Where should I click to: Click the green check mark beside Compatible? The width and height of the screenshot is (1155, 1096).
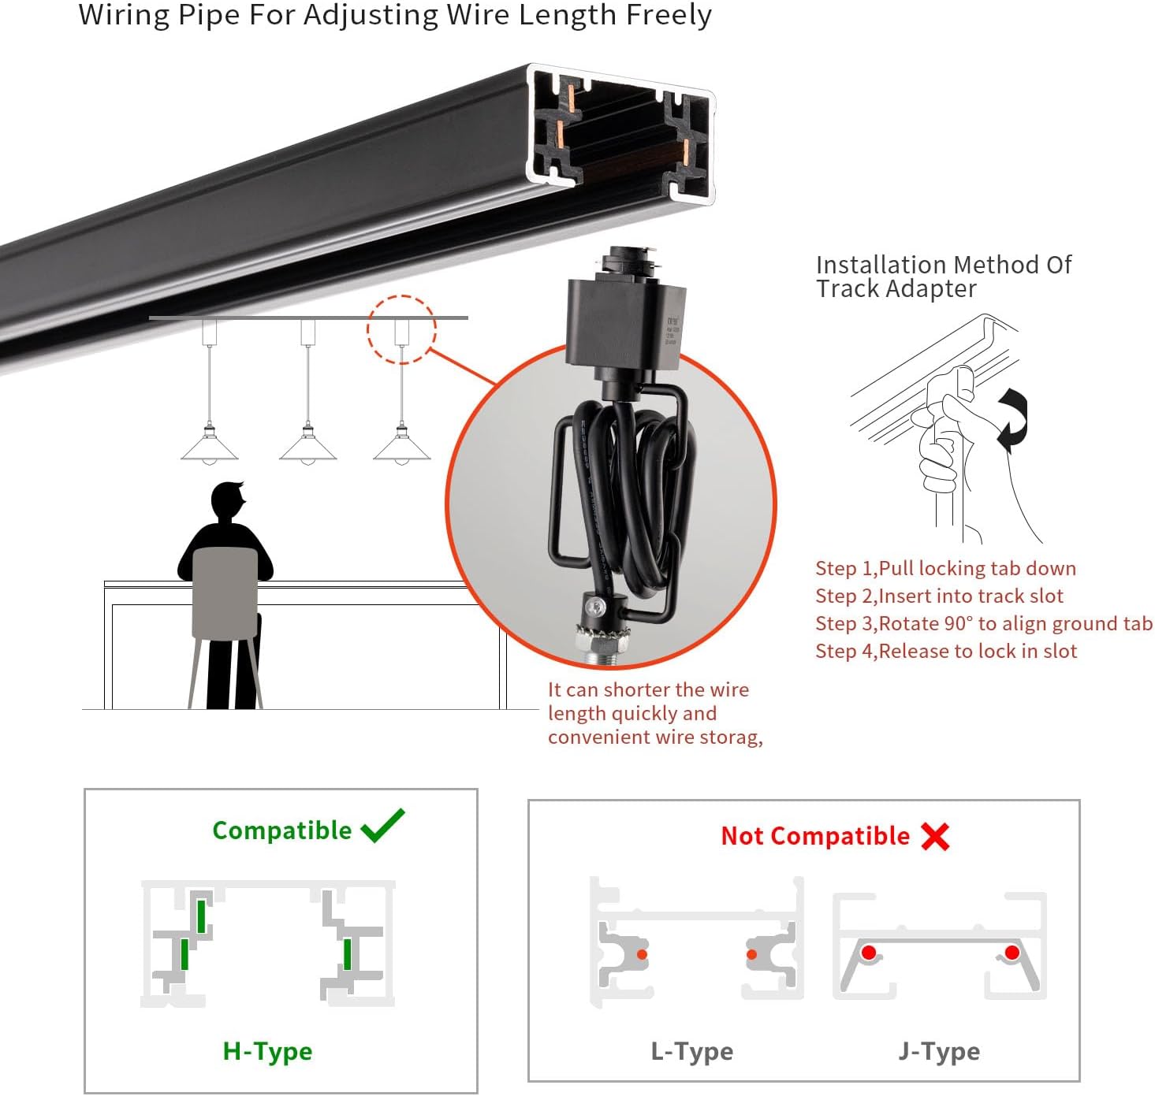point(382,826)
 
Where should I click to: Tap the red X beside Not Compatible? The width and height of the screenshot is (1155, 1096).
point(935,836)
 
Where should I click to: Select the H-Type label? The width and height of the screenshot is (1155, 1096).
point(267,1051)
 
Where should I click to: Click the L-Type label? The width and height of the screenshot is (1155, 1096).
point(691,1051)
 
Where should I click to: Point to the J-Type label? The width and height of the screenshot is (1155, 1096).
point(938,1051)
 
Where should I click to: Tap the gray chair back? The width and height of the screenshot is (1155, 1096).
point(225,593)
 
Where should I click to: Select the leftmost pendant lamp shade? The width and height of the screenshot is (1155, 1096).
point(209,448)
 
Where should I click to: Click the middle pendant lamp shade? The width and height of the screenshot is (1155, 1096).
point(307,448)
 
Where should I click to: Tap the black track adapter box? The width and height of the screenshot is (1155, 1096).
point(625,323)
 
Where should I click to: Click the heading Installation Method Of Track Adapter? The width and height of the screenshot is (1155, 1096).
point(943,277)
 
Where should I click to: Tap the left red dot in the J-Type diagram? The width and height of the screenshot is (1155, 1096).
point(869,953)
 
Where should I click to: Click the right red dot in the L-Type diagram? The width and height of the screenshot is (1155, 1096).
point(751,955)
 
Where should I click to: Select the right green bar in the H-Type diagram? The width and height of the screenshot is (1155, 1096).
point(347,954)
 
